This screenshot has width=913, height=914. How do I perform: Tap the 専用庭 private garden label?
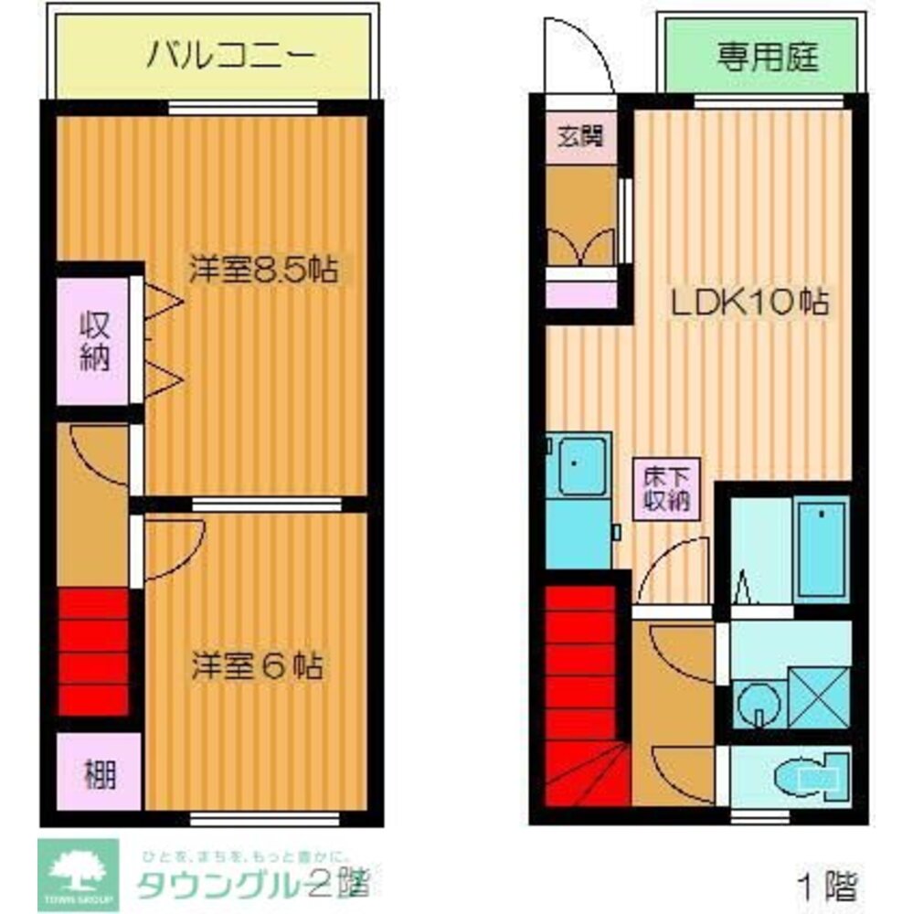click(767, 58)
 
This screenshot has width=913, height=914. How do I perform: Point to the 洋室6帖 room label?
click(257, 665)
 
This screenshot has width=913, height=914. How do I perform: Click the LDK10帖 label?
click(750, 302)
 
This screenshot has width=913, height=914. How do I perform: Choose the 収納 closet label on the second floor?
click(93, 341)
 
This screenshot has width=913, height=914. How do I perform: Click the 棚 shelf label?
click(101, 776)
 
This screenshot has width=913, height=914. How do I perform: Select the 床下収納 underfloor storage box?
click(668, 487)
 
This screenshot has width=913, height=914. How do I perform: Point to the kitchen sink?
click(579, 465)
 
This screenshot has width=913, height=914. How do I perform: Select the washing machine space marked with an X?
click(817, 698)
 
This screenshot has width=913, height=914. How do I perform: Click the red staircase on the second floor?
click(92, 652)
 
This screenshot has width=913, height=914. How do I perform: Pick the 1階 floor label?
click(827, 884)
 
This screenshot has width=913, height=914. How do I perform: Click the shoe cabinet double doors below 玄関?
click(581, 245)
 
